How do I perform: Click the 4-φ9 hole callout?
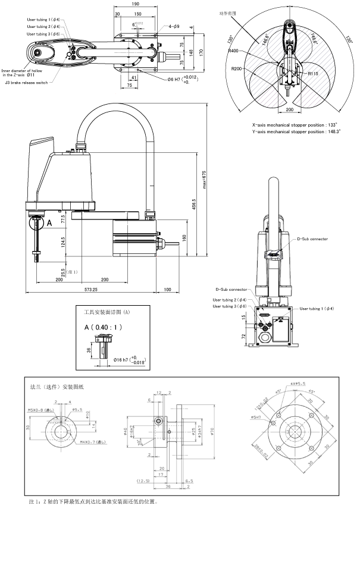tap(174, 26)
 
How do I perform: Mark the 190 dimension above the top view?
tap(136, 4)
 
